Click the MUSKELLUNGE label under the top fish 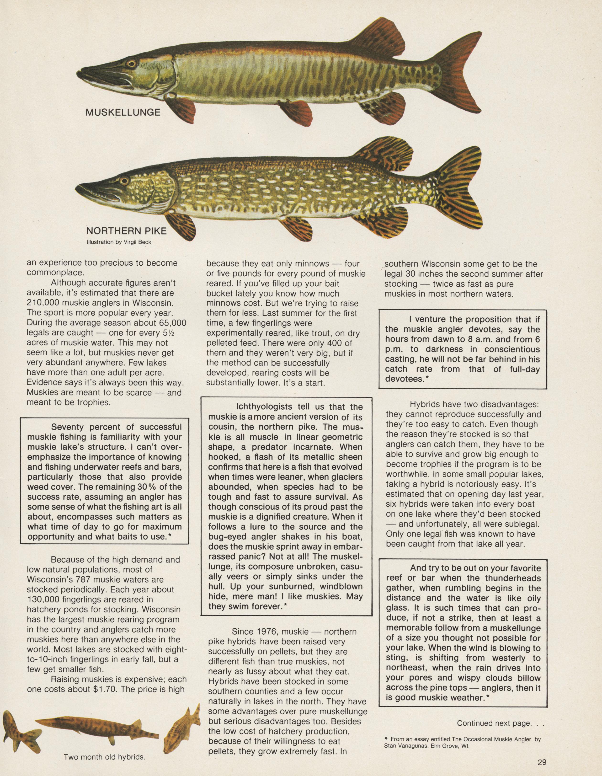(123, 113)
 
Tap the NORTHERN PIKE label (126, 231)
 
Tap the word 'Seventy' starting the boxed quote (68, 427)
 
